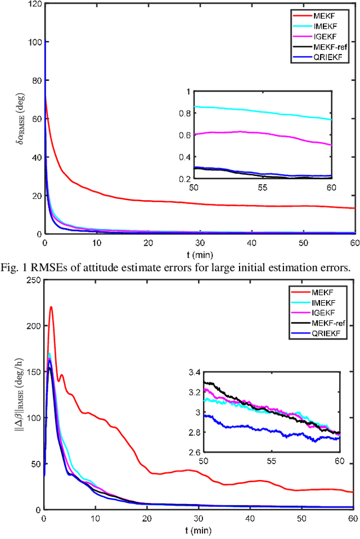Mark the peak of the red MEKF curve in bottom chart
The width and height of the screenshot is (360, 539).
[x=51, y=307]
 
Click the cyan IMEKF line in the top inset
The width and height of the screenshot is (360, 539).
[x=270, y=111]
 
